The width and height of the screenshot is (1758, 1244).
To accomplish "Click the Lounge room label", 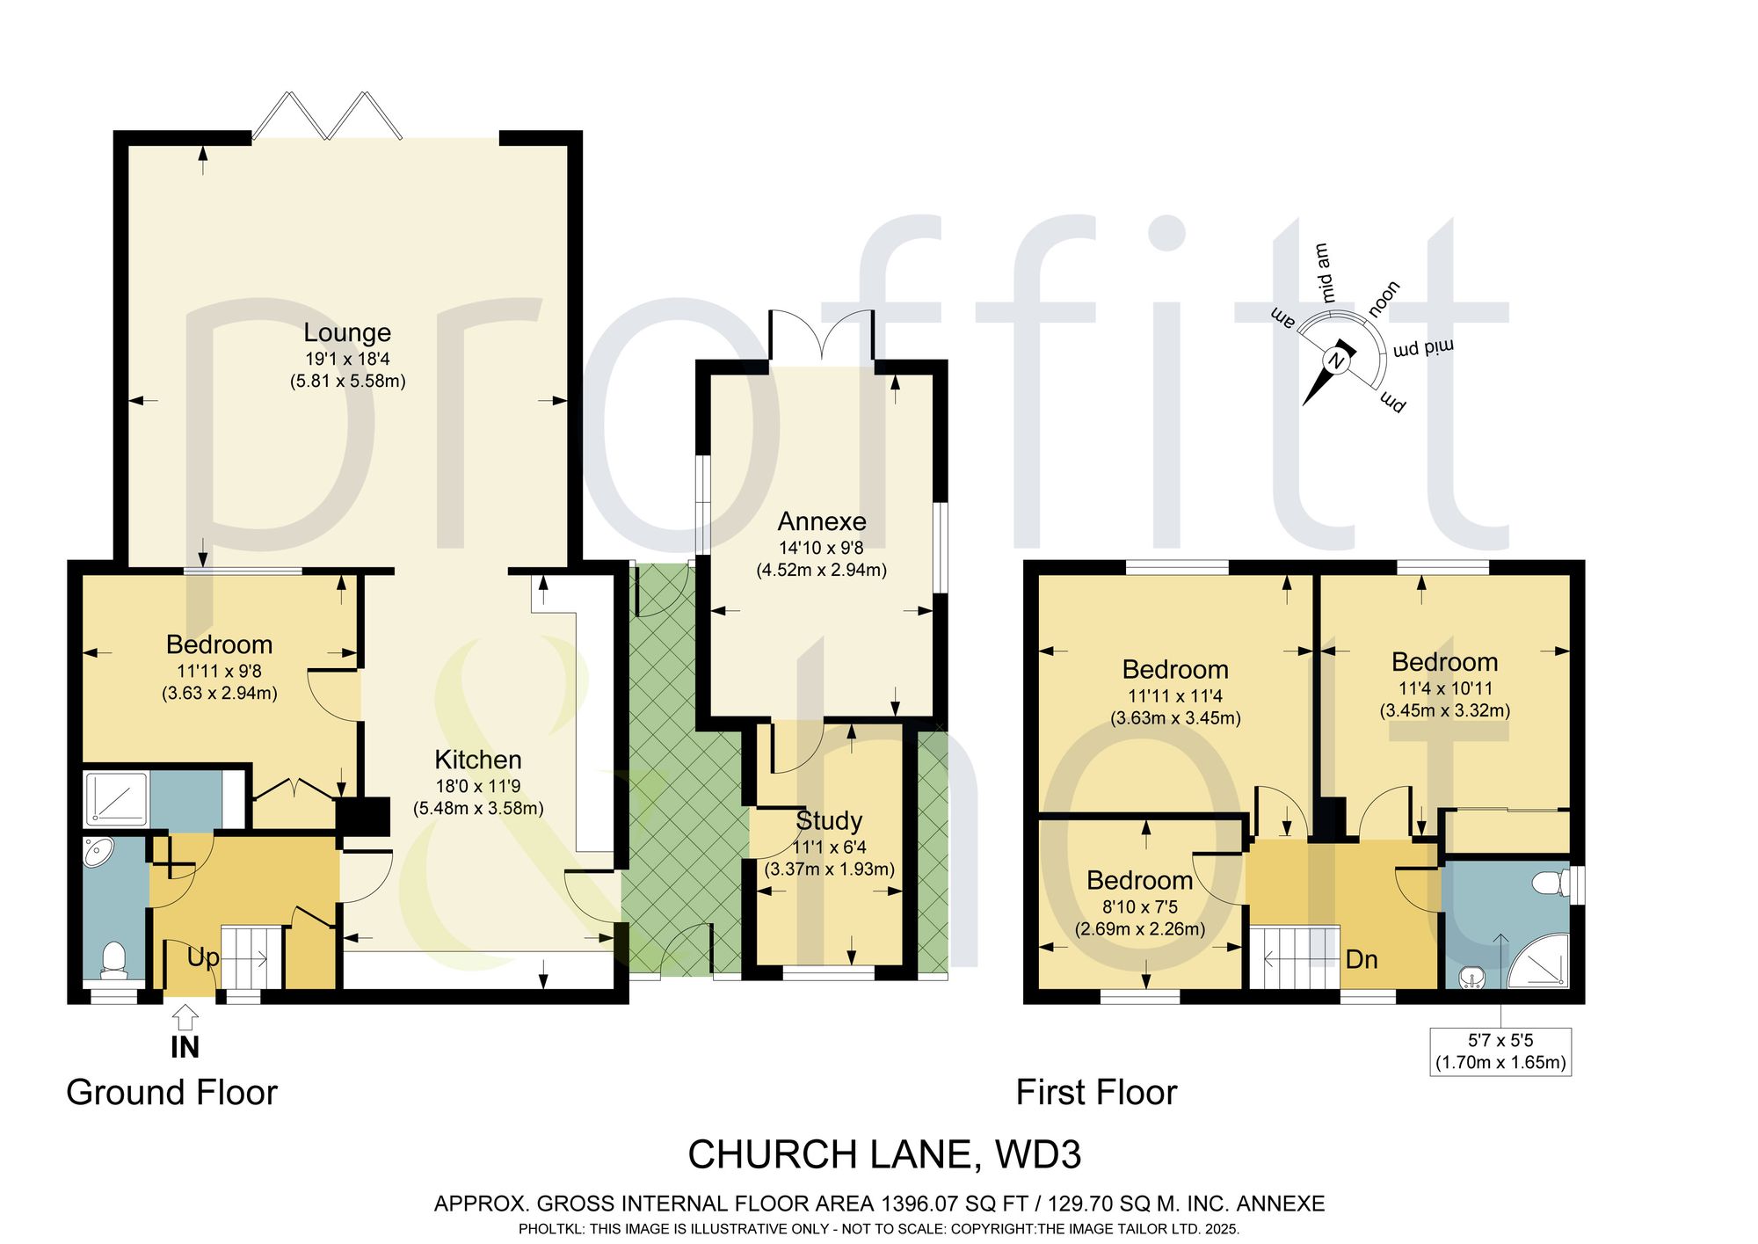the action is [347, 333].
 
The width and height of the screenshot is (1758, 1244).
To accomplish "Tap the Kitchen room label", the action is [478, 760].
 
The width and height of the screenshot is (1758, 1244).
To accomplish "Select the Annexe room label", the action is [822, 521].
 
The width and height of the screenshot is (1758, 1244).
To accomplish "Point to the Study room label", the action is [829, 821].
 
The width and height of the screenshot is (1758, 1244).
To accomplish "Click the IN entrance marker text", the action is [185, 1047].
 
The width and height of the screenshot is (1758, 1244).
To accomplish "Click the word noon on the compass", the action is [1384, 299].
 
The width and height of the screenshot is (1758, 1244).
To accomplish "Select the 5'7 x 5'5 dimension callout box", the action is [1500, 1051].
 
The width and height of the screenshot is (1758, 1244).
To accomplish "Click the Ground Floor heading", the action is [171, 1093].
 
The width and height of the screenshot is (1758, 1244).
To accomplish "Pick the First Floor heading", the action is [1096, 1093].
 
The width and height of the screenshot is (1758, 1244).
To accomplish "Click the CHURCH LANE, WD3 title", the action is [884, 1154].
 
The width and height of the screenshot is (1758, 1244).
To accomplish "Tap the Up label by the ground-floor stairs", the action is [202, 957].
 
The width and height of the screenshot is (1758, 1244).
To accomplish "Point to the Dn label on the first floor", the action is [1362, 959].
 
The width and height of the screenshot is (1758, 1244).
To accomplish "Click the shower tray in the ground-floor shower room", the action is [116, 799].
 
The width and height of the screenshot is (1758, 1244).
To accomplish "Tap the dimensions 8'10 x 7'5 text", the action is [1140, 907].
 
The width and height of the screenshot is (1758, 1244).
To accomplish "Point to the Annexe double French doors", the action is [822, 337].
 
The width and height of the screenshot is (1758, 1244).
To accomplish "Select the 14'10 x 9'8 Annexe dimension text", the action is [821, 548].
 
